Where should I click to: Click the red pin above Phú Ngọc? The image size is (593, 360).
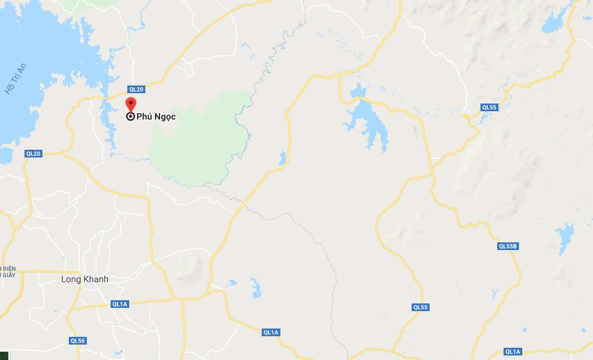(x=131, y=104)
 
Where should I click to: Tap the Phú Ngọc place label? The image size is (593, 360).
(x=156, y=117)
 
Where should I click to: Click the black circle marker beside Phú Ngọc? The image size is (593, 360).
(x=131, y=116)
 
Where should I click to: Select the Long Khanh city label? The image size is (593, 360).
(x=85, y=279)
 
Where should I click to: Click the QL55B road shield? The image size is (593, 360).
(x=508, y=246)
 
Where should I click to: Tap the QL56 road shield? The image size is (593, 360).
(x=78, y=340)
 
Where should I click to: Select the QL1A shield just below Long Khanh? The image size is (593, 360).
(x=120, y=304)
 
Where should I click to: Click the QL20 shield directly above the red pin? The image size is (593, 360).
(x=135, y=89)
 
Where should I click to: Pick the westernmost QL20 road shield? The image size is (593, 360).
(x=33, y=154)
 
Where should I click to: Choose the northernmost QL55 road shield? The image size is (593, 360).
(x=489, y=107)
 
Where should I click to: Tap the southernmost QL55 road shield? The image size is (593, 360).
(x=421, y=307)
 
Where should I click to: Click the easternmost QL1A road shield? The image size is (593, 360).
(x=513, y=352)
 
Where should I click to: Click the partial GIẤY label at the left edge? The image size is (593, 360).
(x=7, y=274)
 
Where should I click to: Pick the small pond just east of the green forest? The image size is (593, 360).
(x=282, y=157)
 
